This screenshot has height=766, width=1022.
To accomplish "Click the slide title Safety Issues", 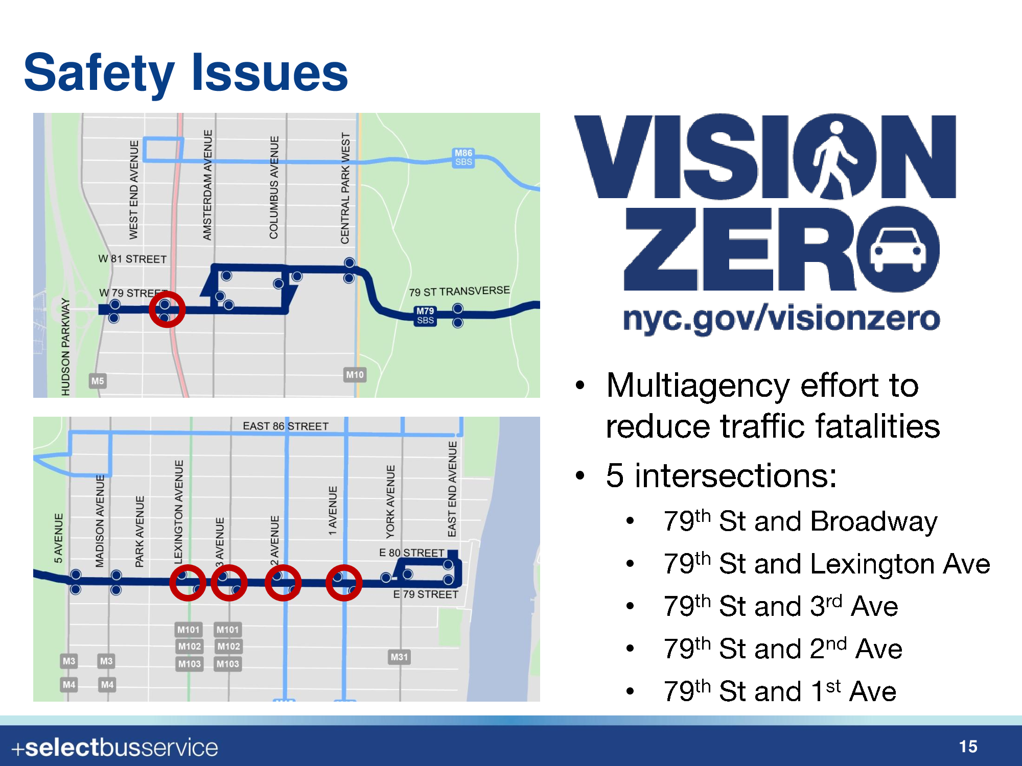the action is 186,73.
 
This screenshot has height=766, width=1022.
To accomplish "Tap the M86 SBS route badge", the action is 463,158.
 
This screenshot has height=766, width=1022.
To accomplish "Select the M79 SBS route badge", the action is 425,316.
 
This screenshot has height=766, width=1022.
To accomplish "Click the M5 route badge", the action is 97,381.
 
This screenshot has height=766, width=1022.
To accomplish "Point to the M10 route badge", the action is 355,375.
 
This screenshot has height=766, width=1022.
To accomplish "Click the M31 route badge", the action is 399,657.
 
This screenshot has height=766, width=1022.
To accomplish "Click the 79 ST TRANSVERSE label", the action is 459,291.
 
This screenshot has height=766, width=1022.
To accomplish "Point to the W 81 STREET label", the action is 132,259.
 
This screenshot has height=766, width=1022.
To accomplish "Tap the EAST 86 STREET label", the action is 286,426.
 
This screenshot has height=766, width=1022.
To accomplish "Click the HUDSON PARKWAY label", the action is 65,347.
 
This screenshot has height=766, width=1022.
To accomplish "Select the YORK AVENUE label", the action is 390,501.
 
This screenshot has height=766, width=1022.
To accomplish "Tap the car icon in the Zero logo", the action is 898,249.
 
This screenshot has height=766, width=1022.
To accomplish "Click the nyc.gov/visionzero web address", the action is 781,318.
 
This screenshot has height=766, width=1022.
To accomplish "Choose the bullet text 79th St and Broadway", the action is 800,521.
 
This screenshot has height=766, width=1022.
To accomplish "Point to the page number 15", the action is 968,747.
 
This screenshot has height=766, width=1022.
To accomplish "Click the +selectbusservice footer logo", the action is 115,748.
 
